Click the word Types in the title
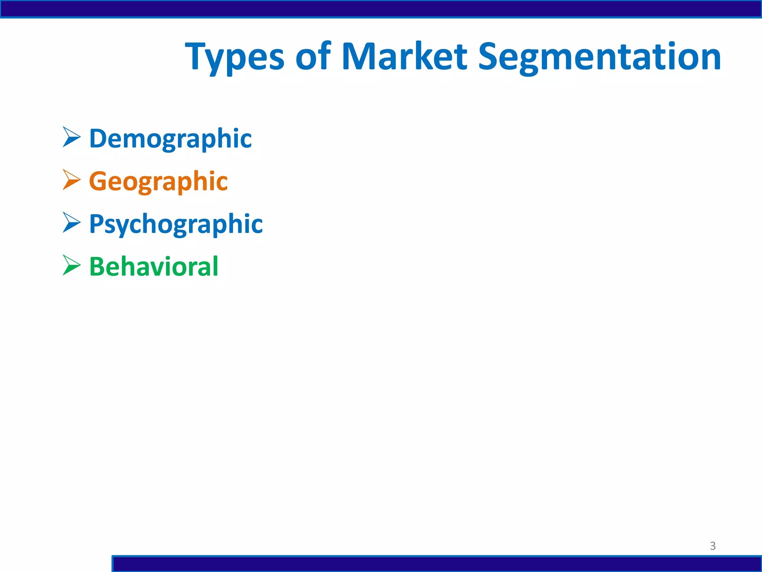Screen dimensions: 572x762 (234, 58)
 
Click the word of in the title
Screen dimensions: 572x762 (313, 57)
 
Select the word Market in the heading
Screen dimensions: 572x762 (404, 57)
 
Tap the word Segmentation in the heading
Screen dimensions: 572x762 (599, 58)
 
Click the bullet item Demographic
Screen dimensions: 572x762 (170, 139)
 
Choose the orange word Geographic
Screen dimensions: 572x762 (159, 181)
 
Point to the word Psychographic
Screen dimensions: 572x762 (176, 224)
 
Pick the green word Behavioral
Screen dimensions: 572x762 (154, 267)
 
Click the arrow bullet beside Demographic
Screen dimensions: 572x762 (71, 137)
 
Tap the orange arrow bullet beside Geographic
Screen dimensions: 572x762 (71, 180)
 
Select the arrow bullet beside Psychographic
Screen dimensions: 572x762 (71, 223)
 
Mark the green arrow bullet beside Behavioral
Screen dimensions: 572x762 (71, 265)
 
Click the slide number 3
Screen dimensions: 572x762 (713, 546)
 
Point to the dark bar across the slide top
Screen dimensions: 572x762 (381, 9)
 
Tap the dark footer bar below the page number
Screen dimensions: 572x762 (437, 564)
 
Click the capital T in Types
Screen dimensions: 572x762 (197, 57)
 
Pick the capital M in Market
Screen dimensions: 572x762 (358, 57)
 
